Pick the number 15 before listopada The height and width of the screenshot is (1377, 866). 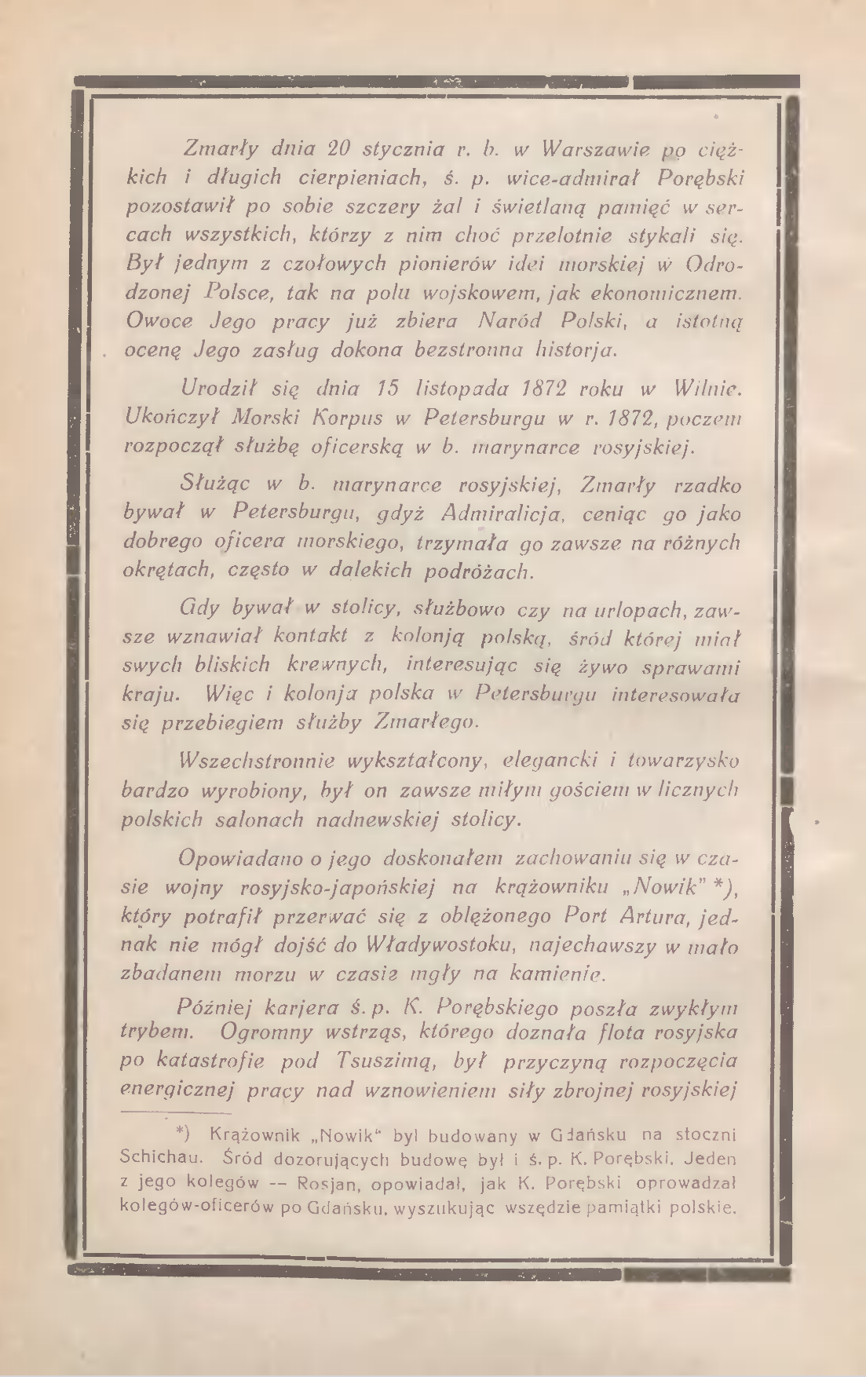383,388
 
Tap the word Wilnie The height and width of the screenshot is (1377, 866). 707,388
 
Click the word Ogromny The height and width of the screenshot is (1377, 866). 275,1032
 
